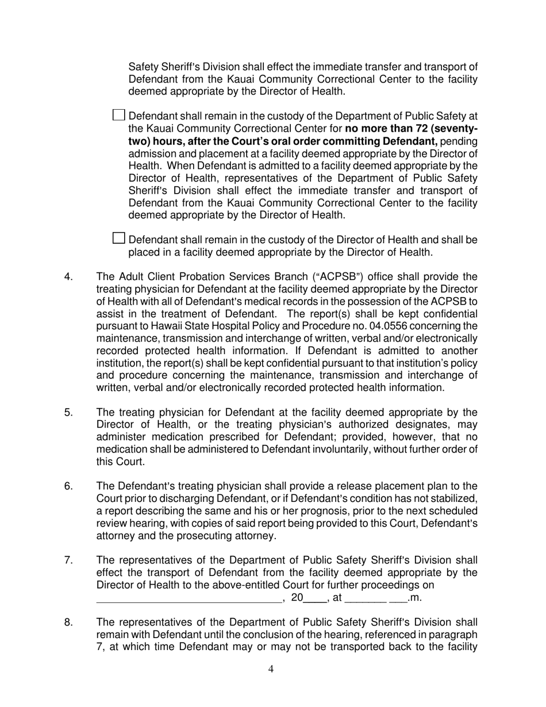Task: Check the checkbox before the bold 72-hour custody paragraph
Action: (118, 115)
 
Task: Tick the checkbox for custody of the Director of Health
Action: (118, 238)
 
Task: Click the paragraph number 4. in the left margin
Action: (68, 277)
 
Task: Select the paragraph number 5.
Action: (68, 412)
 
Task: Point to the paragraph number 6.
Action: (68, 486)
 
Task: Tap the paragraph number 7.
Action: (68, 560)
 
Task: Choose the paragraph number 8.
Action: (68, 623)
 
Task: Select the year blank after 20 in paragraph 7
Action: (315, 598)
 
